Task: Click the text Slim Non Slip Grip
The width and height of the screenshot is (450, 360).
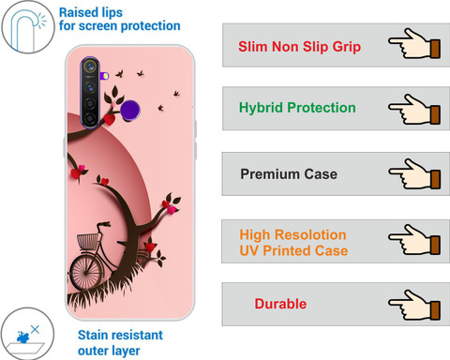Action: (x=299, y=47)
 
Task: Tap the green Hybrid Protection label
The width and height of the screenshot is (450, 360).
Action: (x=297, y=108)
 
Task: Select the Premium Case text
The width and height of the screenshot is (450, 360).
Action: (x=289, y=174)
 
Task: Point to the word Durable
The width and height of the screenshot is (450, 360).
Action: (x=280, y=304)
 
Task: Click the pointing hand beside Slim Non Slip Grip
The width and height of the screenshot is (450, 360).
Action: (x=414, y=43)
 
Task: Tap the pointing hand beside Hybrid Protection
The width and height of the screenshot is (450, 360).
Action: (x=414, y=110)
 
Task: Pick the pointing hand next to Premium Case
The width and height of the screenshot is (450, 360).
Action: (x=414, y=173)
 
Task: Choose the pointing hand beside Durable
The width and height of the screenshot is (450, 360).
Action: (x=414, y=305)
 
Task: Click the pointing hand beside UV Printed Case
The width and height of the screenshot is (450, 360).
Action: (x=414, y=240)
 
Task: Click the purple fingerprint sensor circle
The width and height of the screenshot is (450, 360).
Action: (x=130, y=110)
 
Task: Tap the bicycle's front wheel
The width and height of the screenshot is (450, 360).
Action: (x=85, y=273)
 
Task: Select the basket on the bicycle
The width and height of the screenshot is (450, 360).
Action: (x=88, y=241)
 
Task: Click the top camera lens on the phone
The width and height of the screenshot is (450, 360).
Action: (x=90, y=67)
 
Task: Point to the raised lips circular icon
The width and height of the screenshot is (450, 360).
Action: (x=28, y=27)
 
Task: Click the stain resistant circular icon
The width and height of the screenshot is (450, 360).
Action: (x=27, y=334)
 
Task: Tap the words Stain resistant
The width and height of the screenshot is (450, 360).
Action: (x=120, y=335)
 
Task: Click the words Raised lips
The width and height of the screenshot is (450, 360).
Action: (x=91, y=13)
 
